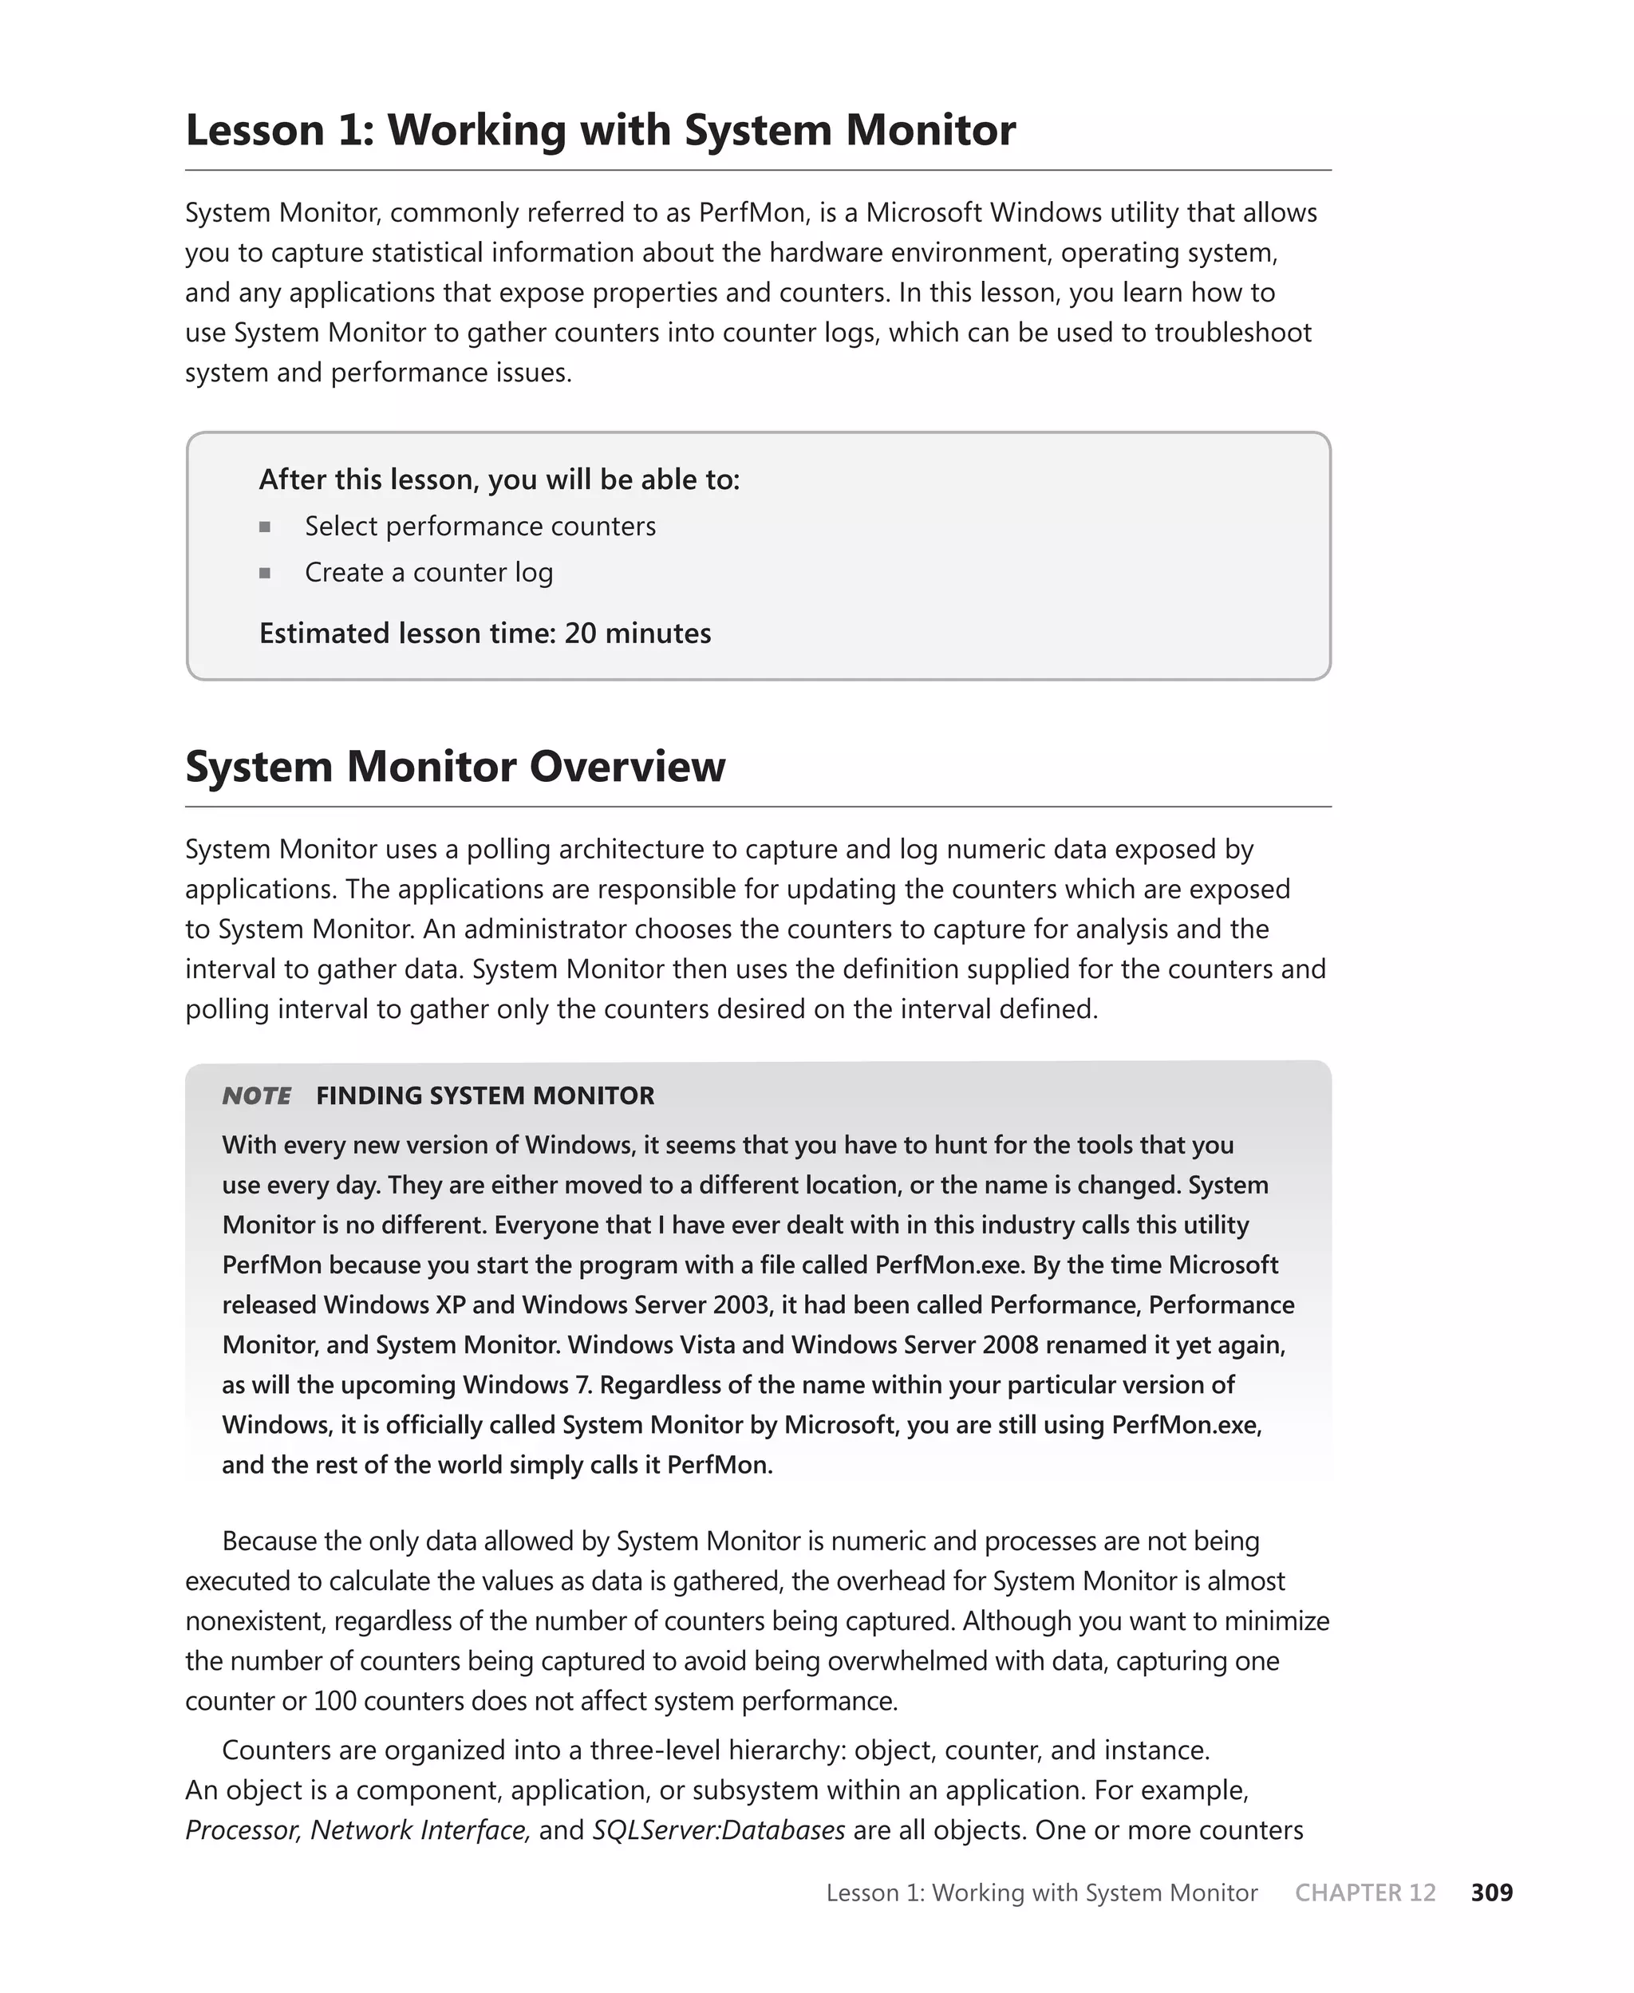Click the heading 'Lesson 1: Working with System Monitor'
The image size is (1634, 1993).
601,130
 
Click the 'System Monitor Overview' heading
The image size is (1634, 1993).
455,766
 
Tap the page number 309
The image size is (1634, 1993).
1491,1892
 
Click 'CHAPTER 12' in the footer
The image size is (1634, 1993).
1365,1892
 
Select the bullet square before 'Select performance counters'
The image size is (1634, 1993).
265,527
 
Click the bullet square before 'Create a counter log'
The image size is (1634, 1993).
265,573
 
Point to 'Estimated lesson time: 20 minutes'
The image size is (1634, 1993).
485,633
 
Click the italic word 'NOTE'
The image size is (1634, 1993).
256,1095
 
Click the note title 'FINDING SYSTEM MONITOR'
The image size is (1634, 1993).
485,1095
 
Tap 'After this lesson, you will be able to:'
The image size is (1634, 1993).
499,480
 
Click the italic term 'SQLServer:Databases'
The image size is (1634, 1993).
718,1830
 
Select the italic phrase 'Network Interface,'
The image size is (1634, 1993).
420,1830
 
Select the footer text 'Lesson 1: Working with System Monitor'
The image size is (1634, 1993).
1041,1892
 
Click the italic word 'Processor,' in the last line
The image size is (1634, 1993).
243,1830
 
